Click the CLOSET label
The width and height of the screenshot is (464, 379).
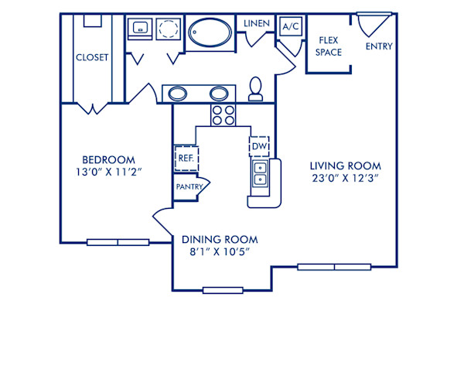click(x=92, y=57)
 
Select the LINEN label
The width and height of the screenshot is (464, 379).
click(x=257, y=24)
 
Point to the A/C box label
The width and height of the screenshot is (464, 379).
click(x=291, y=26)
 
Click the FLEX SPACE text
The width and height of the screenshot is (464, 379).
click(x=330, y=47)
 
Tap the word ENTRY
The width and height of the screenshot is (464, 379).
click(x=379, y=46)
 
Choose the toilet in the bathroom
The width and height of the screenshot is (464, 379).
click(x=256, y=90)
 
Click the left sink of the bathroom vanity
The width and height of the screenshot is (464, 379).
click(x=178, y=94)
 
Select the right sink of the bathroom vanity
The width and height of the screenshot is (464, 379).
click(x=220, y=94)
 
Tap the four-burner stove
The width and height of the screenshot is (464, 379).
click(x=223, y=115)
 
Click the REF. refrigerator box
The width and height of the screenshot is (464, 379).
click(x=186, y=157)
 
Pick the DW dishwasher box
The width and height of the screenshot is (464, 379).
click(x=258, y=146)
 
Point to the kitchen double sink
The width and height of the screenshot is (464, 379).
click(x=261, y=174)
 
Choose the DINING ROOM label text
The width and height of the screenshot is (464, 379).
click(x=220, y=239)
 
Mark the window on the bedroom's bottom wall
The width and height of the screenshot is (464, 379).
click(x=118, y=242)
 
